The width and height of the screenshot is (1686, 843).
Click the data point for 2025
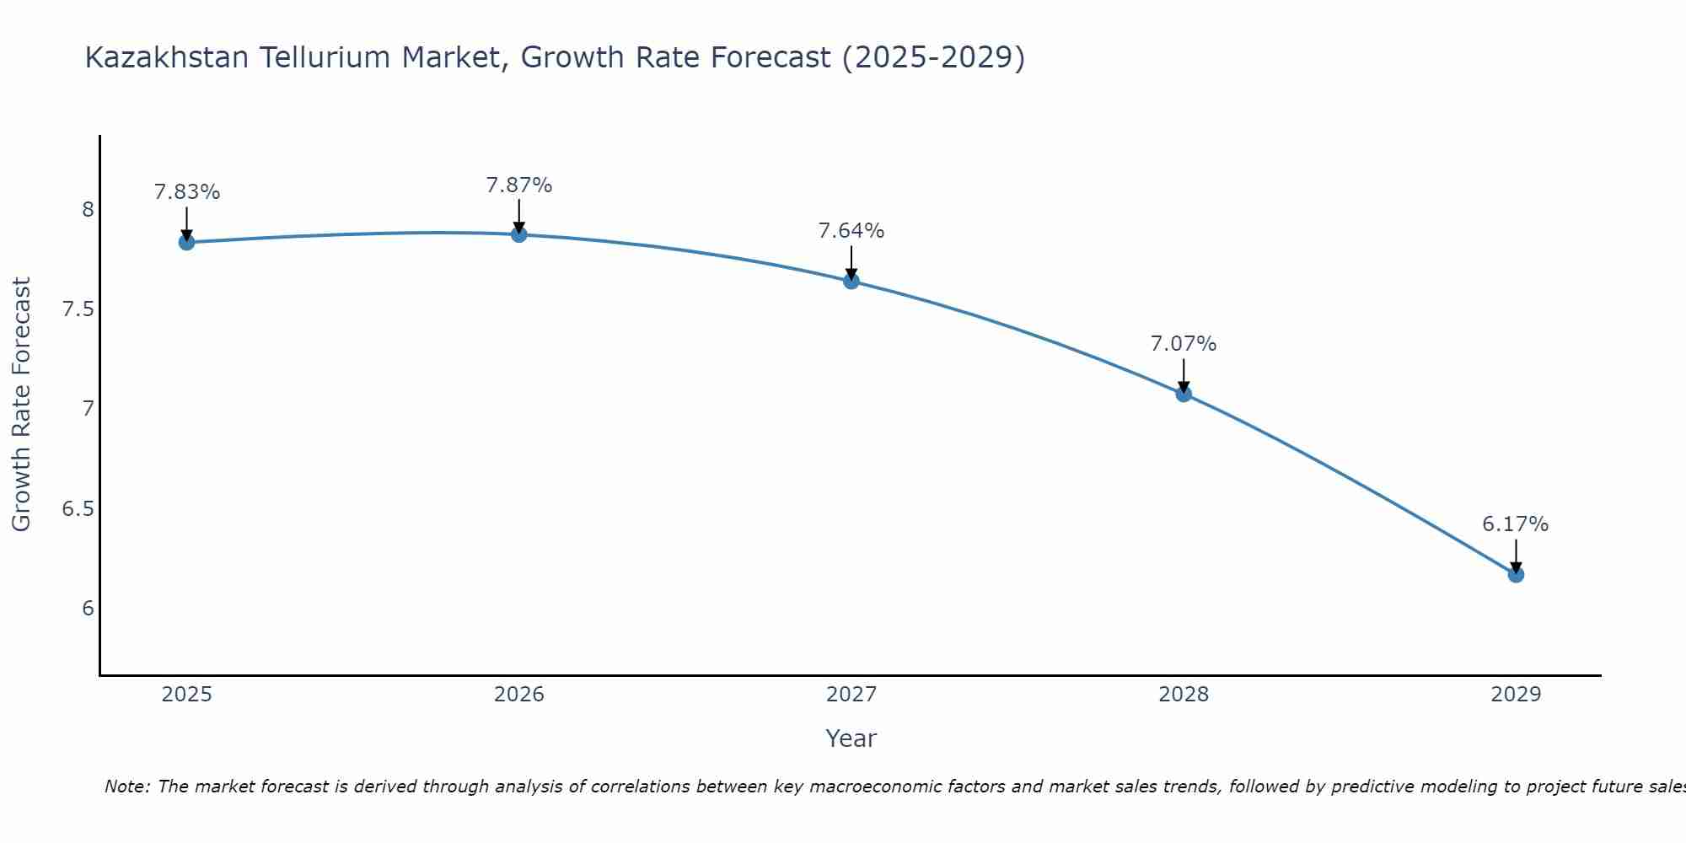(187, 243)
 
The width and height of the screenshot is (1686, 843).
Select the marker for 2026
(519, 234)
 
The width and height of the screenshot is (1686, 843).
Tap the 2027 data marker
(851, 281)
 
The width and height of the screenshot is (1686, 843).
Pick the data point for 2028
(1184, 394)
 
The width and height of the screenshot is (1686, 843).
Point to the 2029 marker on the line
(1516, 574)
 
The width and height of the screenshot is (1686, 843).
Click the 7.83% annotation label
(187, 192)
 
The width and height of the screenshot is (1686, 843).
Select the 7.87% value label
(519, 185)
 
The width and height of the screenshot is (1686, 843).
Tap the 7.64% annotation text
(851, 231)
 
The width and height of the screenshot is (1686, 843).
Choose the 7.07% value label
(1184, 344)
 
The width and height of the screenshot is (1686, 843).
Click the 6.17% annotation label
(1516, 524)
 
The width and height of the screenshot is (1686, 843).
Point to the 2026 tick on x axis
(519, 695)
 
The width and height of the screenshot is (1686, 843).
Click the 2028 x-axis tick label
(1184, 695)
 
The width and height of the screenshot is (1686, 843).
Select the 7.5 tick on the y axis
(78, 309)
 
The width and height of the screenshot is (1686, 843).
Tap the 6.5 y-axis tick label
(78, 509)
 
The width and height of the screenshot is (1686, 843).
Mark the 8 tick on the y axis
(88, 210)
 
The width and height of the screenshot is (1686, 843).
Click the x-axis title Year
(851, 738)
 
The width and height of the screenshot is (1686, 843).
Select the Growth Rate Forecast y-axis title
(22, 405)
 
